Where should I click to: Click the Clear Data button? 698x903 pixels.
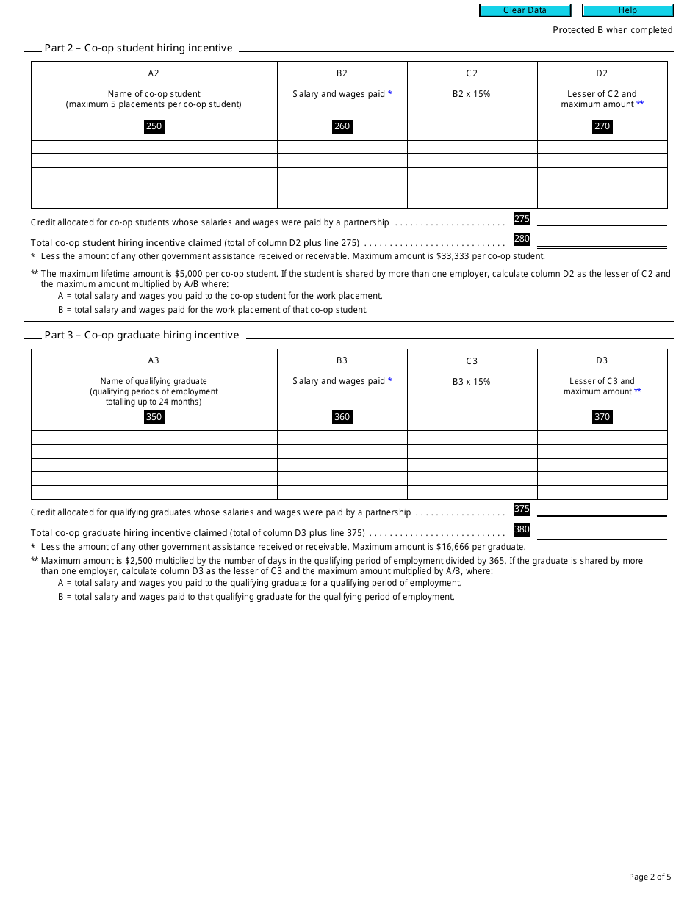[x=525, y=10]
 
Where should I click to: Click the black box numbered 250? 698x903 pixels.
[x=154, y=126]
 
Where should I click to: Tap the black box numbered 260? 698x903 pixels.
[x=342, y=126]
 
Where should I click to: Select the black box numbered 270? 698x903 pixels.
[x=602, y=126]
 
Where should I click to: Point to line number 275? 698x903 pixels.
[x=522, y=219]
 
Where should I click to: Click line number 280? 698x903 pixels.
[x=522, y=239]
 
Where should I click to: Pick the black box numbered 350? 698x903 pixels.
[x=154, y=417]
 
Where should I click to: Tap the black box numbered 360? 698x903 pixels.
[x=342, y=417]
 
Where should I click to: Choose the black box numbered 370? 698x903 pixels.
[x=602, y=417]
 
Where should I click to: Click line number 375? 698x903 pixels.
[x=522, y=509]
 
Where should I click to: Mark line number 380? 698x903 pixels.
[x=522, y=529]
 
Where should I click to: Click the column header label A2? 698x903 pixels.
[x=154, y=73]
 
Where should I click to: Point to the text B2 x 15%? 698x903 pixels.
[x=472, y=94]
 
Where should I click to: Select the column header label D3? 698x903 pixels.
[x=602, y=360]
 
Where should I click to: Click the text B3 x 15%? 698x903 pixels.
[x=472, y=382]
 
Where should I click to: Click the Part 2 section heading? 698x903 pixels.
[x=138, y=48]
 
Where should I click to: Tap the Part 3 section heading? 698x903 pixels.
[x=141, y=336]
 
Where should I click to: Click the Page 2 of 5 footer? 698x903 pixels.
[x=650, y=877]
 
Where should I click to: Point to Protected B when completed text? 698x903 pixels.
[x=612, y=30]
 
